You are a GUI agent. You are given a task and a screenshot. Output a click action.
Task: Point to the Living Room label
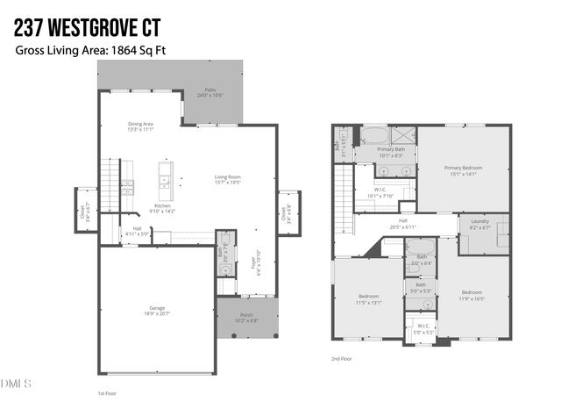point(228,180)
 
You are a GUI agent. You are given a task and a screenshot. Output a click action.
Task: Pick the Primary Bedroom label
point(463,170)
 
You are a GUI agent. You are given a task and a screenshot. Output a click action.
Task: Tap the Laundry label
point(479,224)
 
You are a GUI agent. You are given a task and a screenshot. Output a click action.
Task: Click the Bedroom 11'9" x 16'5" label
point(472,295)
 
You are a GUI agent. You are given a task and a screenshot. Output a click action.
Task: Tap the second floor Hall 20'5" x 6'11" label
point(403,224)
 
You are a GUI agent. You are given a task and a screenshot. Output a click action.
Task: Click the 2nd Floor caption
point(341,359)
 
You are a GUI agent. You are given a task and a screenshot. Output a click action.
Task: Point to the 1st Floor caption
point(106,393)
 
